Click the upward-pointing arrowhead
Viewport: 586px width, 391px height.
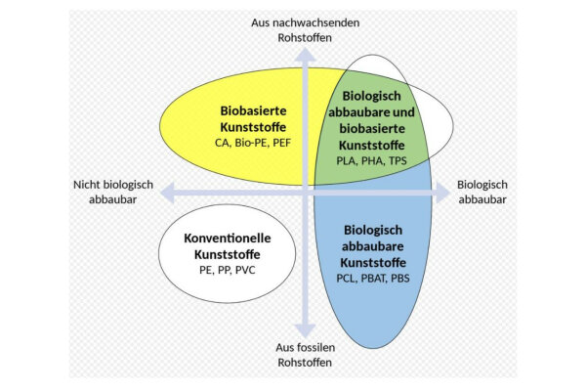[305, 55]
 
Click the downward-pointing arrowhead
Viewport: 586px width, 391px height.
[305, 330]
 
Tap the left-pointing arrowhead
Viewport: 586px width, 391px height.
[167, 194]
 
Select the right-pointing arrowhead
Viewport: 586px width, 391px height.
[442, 194]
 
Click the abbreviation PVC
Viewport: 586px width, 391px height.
[245, 270]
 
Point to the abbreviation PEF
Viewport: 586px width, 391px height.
[281, 143]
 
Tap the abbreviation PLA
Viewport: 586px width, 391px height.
[346, 161]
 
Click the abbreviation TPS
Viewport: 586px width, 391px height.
[398, 161]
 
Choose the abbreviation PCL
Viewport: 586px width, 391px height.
[347, 279]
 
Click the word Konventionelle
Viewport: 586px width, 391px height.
[228, 238]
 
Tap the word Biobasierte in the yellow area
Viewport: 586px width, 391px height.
[253, 110]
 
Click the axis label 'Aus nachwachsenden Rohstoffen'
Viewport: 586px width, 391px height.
[305, 30]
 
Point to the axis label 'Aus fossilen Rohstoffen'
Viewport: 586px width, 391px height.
[305, 355]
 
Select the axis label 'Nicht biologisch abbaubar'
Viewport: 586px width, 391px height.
[113, 192]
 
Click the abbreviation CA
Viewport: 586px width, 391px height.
[223, 143]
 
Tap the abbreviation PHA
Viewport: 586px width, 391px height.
[372, 161]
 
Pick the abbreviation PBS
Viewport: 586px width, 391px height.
[399, 279]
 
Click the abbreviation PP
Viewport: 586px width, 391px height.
[224, 270]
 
